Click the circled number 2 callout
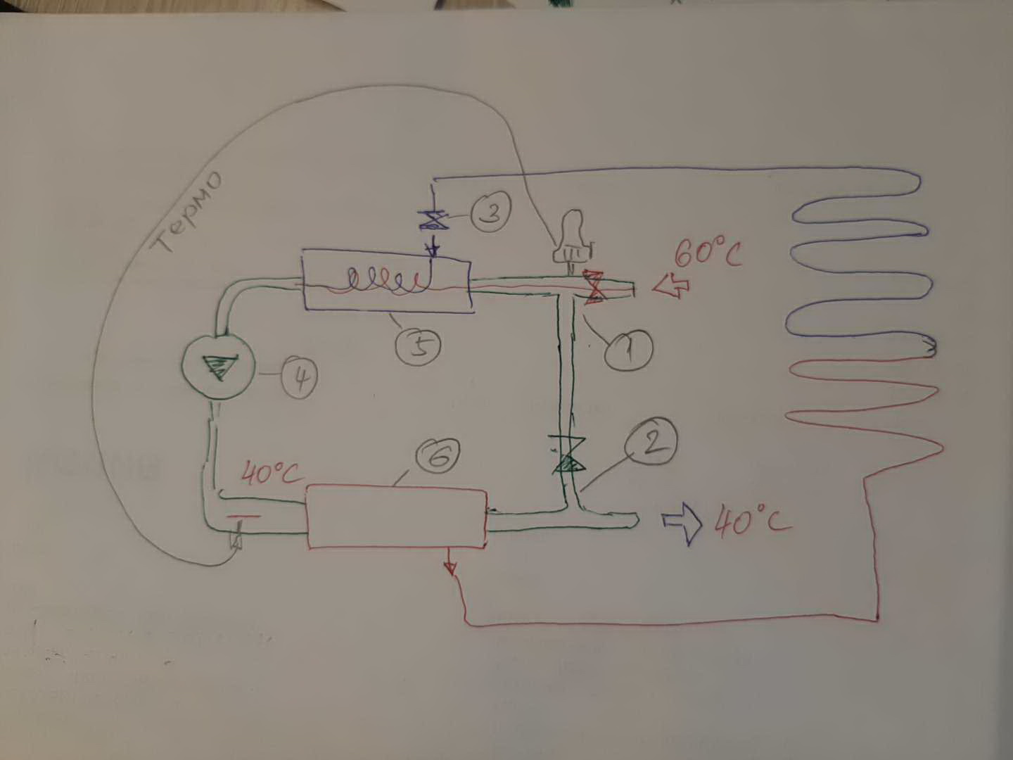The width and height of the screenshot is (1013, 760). pos(654,441)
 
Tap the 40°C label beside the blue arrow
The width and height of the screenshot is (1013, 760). pos(751,522)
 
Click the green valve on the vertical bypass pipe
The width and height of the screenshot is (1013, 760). pos(566,455)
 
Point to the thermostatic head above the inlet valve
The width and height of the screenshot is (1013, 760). pos(572,239)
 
